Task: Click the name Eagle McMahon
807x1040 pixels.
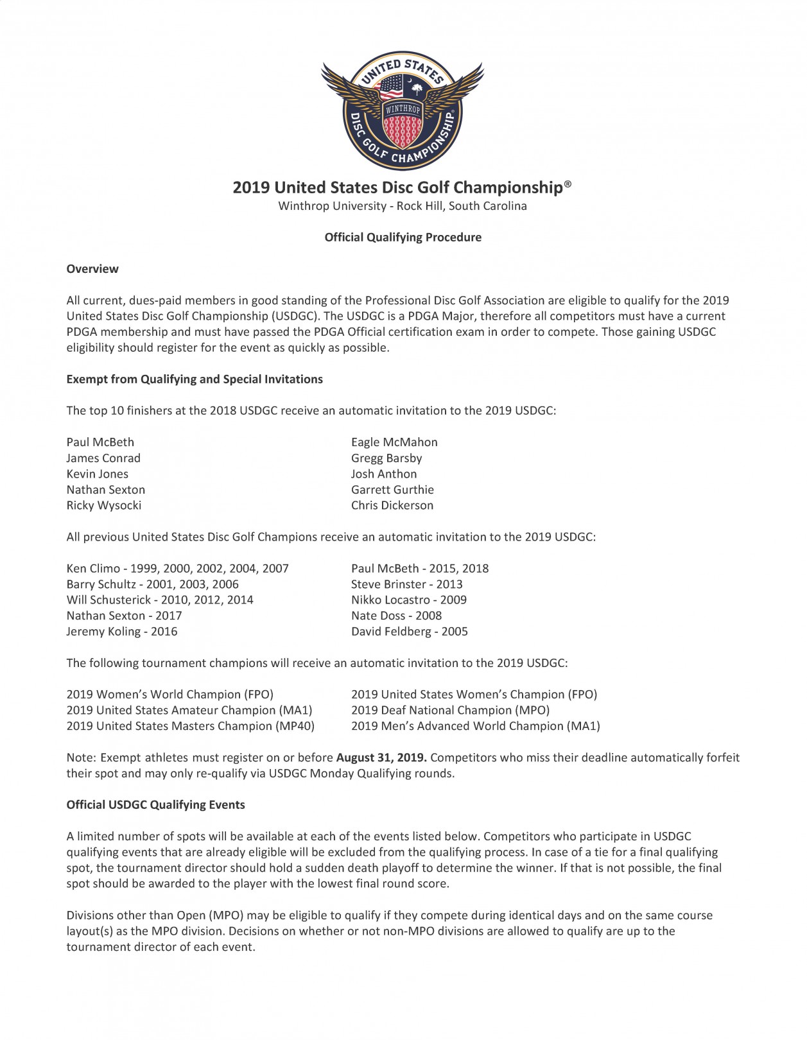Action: click(x=394, y=442)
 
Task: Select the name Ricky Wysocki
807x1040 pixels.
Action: click(x=104, y=505)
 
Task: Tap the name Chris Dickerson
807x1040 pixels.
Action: click(x=392, y=505)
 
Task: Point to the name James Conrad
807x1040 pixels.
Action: click(x=103, y=458)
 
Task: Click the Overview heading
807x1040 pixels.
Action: click(x=92, y=269)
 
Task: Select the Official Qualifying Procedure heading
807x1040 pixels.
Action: click(x=403, y=238)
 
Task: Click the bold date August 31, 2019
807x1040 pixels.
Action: click(x=381, y=758)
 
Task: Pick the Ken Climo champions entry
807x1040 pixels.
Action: click(x=178, y=568)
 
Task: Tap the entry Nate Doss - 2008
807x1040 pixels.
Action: click(x=396, y=616)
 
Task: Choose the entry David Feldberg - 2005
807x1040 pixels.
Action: click(x=410, y=632)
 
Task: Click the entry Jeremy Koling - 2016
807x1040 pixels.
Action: click(x=122, y=632)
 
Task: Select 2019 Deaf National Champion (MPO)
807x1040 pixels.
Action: click(x=451, y=710)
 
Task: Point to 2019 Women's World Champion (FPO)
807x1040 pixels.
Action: click(x=170, y=695)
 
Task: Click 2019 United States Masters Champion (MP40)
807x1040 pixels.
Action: click(x=191, y=726)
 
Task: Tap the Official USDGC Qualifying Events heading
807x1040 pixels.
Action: click(x=156, y=805)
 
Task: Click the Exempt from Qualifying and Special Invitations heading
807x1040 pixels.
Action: click(x=195, y=379)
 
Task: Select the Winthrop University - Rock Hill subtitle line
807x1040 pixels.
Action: click(x=403, y=206)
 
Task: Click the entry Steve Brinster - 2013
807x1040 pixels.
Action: click(x=407, y=584)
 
